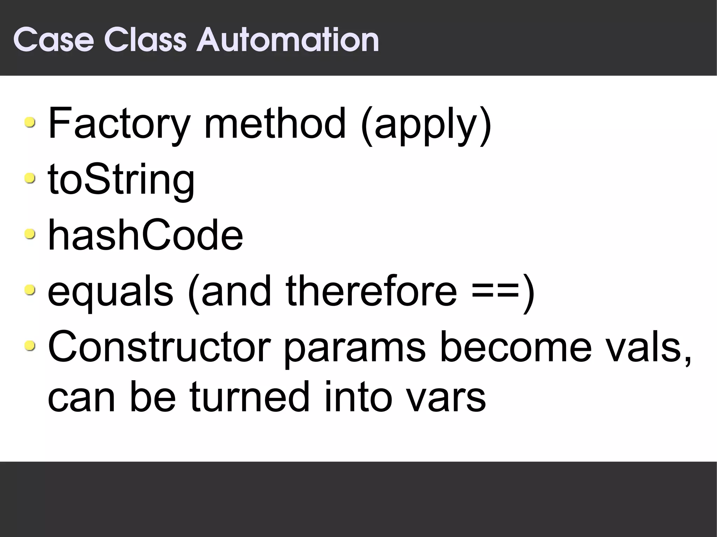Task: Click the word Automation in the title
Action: point(288,40)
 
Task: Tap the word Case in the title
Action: point(54,40)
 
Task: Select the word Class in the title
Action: point(145,40)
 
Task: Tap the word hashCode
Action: point(145,234)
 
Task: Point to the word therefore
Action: point(371,290)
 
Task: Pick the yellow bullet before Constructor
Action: point(30,346)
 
